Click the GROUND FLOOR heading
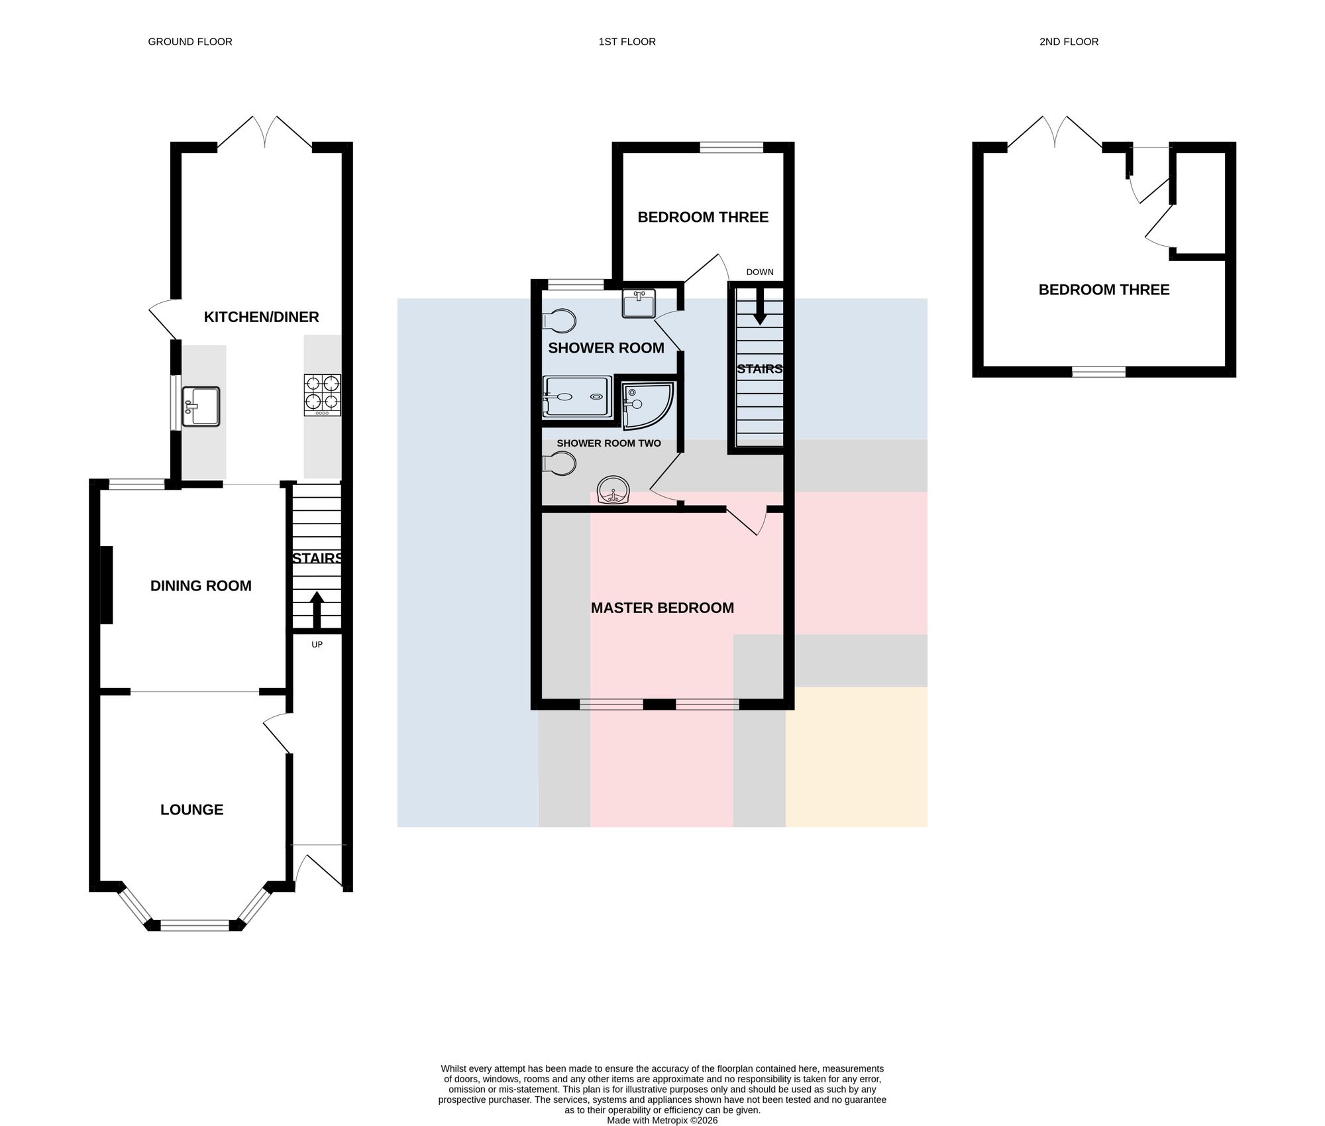(190, 42)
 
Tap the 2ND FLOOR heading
(1069, 42)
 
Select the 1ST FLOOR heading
(627, 42)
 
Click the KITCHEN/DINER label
(261, 317)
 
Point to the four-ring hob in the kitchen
(323, 395)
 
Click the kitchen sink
(200, 406)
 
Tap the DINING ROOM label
(201, 586)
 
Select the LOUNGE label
(191, 809)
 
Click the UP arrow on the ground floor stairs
(317, 610)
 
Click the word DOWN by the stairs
(760, 272)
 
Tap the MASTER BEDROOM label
(662, 608)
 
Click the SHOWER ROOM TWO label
(609, 443)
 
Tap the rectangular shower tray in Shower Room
(576, 397)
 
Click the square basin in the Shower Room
(639, 304)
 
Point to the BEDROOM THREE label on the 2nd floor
(1104, 290)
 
